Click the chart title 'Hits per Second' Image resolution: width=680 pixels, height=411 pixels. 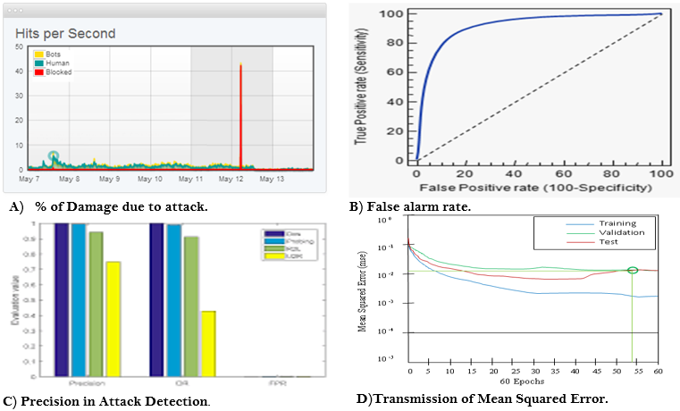(65, 34)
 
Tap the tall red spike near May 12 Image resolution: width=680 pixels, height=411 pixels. (240, 116)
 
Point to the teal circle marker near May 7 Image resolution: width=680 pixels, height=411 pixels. (54, 156)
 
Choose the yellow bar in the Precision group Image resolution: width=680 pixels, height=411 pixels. (113, 318)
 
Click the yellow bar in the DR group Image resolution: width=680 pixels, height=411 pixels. (206, 343)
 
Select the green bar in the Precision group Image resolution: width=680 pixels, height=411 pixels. (96, 303)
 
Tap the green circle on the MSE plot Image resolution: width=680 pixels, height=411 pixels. (633, 270)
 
